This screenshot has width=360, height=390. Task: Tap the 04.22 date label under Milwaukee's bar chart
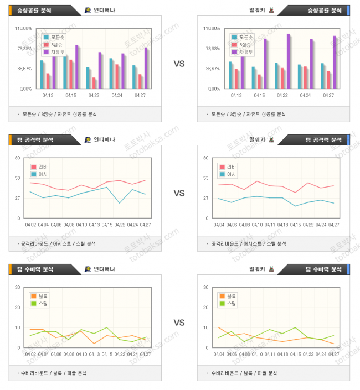point(281,96)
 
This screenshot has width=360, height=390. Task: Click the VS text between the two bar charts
point(179,64)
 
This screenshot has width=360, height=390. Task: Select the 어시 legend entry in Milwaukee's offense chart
point(231,174)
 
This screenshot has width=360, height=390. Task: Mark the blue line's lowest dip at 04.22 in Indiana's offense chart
point(120,203)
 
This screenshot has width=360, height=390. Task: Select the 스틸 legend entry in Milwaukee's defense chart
point(231,304)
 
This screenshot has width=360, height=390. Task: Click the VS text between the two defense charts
point(179,323)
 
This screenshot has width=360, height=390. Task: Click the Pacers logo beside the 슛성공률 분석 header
point(88,10)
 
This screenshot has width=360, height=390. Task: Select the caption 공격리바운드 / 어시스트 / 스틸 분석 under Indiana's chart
point(58,243)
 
